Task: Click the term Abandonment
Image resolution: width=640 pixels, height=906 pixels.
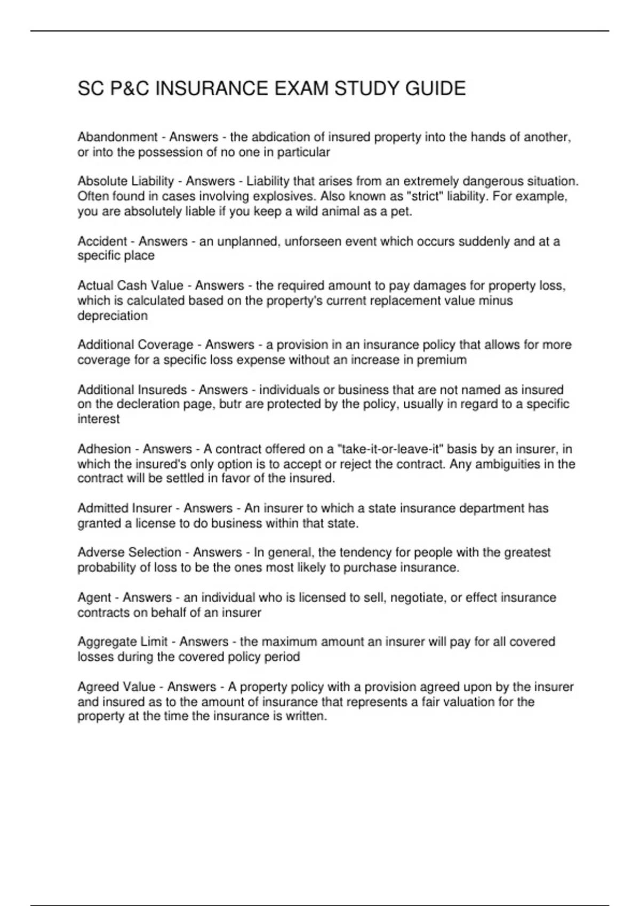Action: (x=117, y=137)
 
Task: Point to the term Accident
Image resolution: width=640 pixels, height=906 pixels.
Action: (x=102, y=241)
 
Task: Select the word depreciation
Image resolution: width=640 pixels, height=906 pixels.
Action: (x=113, y=316)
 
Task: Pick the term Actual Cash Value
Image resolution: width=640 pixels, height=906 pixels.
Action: (x=130, y=286)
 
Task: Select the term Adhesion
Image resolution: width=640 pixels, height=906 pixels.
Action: (x=104, y=449)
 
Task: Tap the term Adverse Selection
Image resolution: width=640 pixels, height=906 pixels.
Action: (x=129, y=553)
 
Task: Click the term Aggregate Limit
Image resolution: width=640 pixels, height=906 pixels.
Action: (x=123, y=642)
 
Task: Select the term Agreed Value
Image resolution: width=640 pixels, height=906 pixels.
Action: (x=116, y=686)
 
